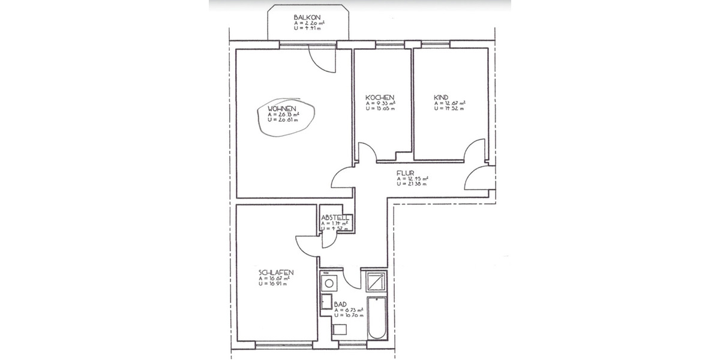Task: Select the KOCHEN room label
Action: (380, 97)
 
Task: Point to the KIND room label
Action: (442, 97)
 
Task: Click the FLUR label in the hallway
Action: (404, 173)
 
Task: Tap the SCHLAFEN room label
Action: (276, 273)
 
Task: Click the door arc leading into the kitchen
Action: (365, 152)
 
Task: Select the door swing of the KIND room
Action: (475, 149)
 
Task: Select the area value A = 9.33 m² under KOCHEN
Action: (381, 103)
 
